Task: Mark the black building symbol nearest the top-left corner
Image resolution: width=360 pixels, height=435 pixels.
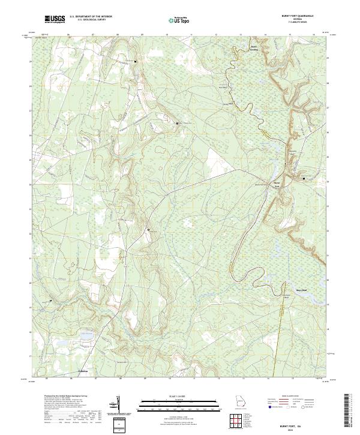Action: (136, 62)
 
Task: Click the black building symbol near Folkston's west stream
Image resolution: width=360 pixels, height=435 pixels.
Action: (51, 301)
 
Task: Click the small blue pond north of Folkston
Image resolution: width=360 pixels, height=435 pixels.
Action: (83, 336)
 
